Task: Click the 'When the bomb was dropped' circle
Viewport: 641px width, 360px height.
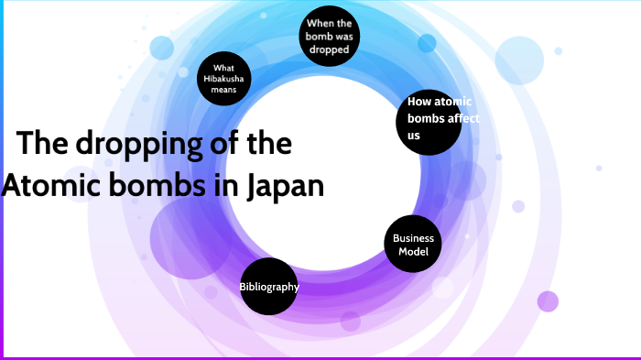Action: tap(329, 36)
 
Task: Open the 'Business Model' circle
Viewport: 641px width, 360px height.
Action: tap(413, 244)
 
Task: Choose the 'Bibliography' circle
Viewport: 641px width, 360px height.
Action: tap(269, 287)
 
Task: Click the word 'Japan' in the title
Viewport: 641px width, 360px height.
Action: tap(286, 185)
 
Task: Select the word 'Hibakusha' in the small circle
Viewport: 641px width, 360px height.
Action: tap(224, 80)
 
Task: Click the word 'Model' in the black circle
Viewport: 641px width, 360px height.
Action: tap(413, 251)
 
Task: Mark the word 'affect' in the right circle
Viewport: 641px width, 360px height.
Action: tap(462, 119)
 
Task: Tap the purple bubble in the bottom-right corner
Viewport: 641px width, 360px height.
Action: tap(548, 300)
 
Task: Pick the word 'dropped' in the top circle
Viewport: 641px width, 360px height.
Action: tap(329, 49)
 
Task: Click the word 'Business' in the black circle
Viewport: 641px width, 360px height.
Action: tap(413, 238)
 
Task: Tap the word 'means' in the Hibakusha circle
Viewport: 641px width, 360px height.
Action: tap(224, 92)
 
